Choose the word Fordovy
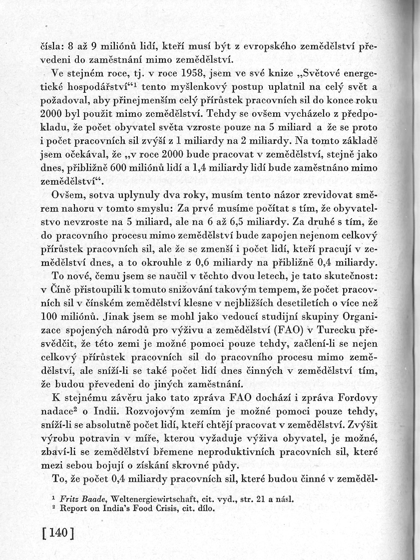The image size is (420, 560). pyautogui.click(x=355, y=398)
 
